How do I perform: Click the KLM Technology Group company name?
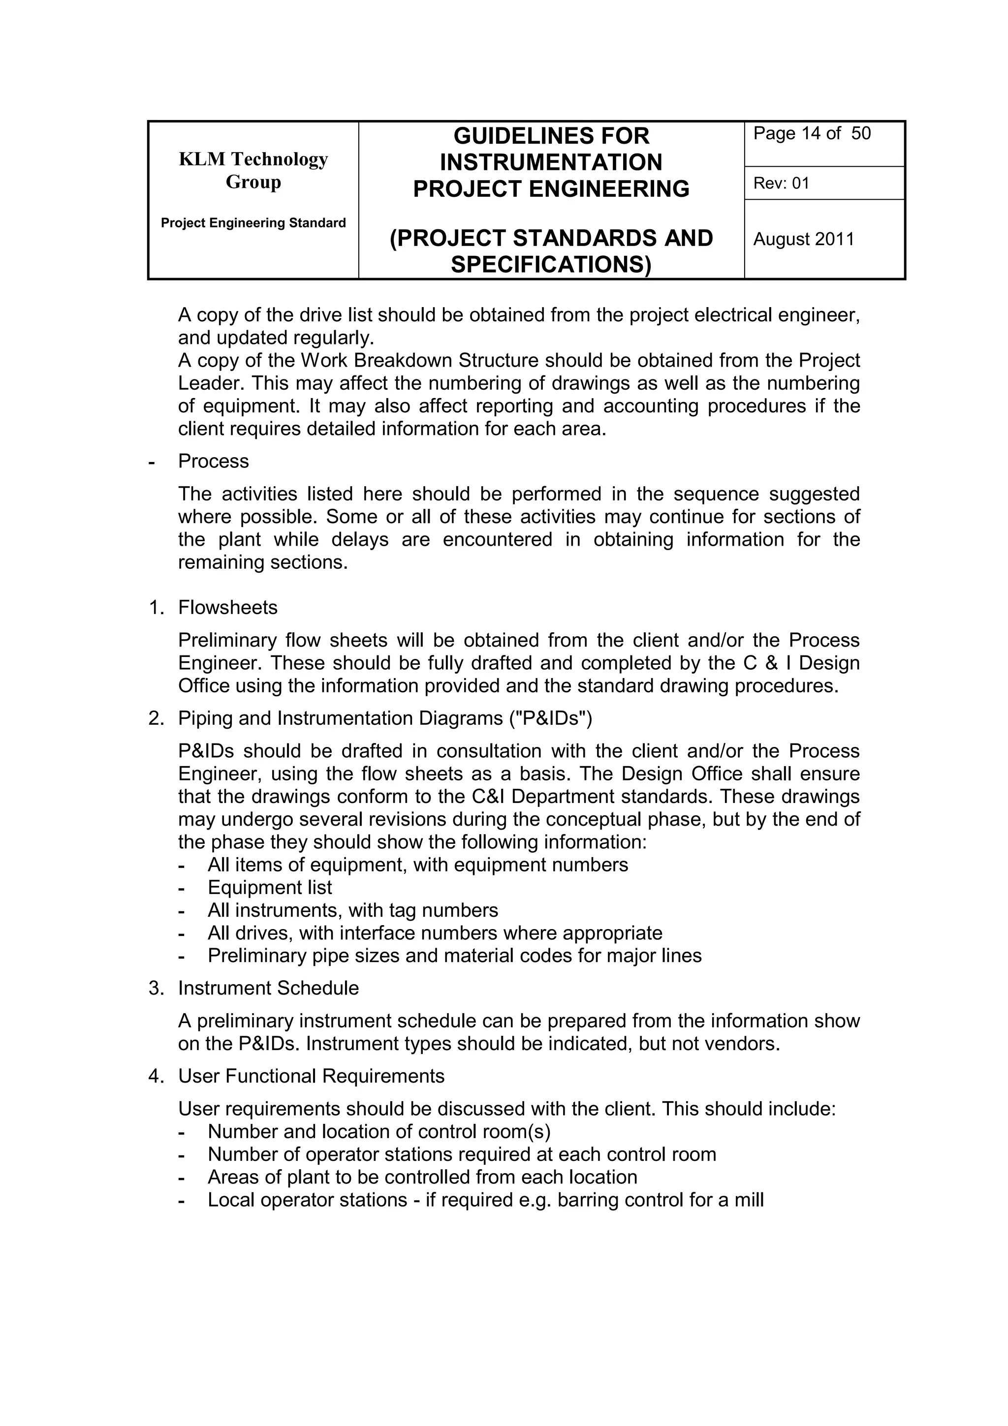(253, 170)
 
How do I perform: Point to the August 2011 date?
(804, 239)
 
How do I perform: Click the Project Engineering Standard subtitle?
(253, 223)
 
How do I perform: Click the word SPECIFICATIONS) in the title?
(551, 265)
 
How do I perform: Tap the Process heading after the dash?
(213, 462)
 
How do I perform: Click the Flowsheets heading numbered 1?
(227, 607)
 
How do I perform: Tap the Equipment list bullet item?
(270, 888)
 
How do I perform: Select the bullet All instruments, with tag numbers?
(353, 910)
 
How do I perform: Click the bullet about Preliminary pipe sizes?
(455, 956)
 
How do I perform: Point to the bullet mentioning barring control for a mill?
(485, 1201)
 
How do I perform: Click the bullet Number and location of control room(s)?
(379, 1132)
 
